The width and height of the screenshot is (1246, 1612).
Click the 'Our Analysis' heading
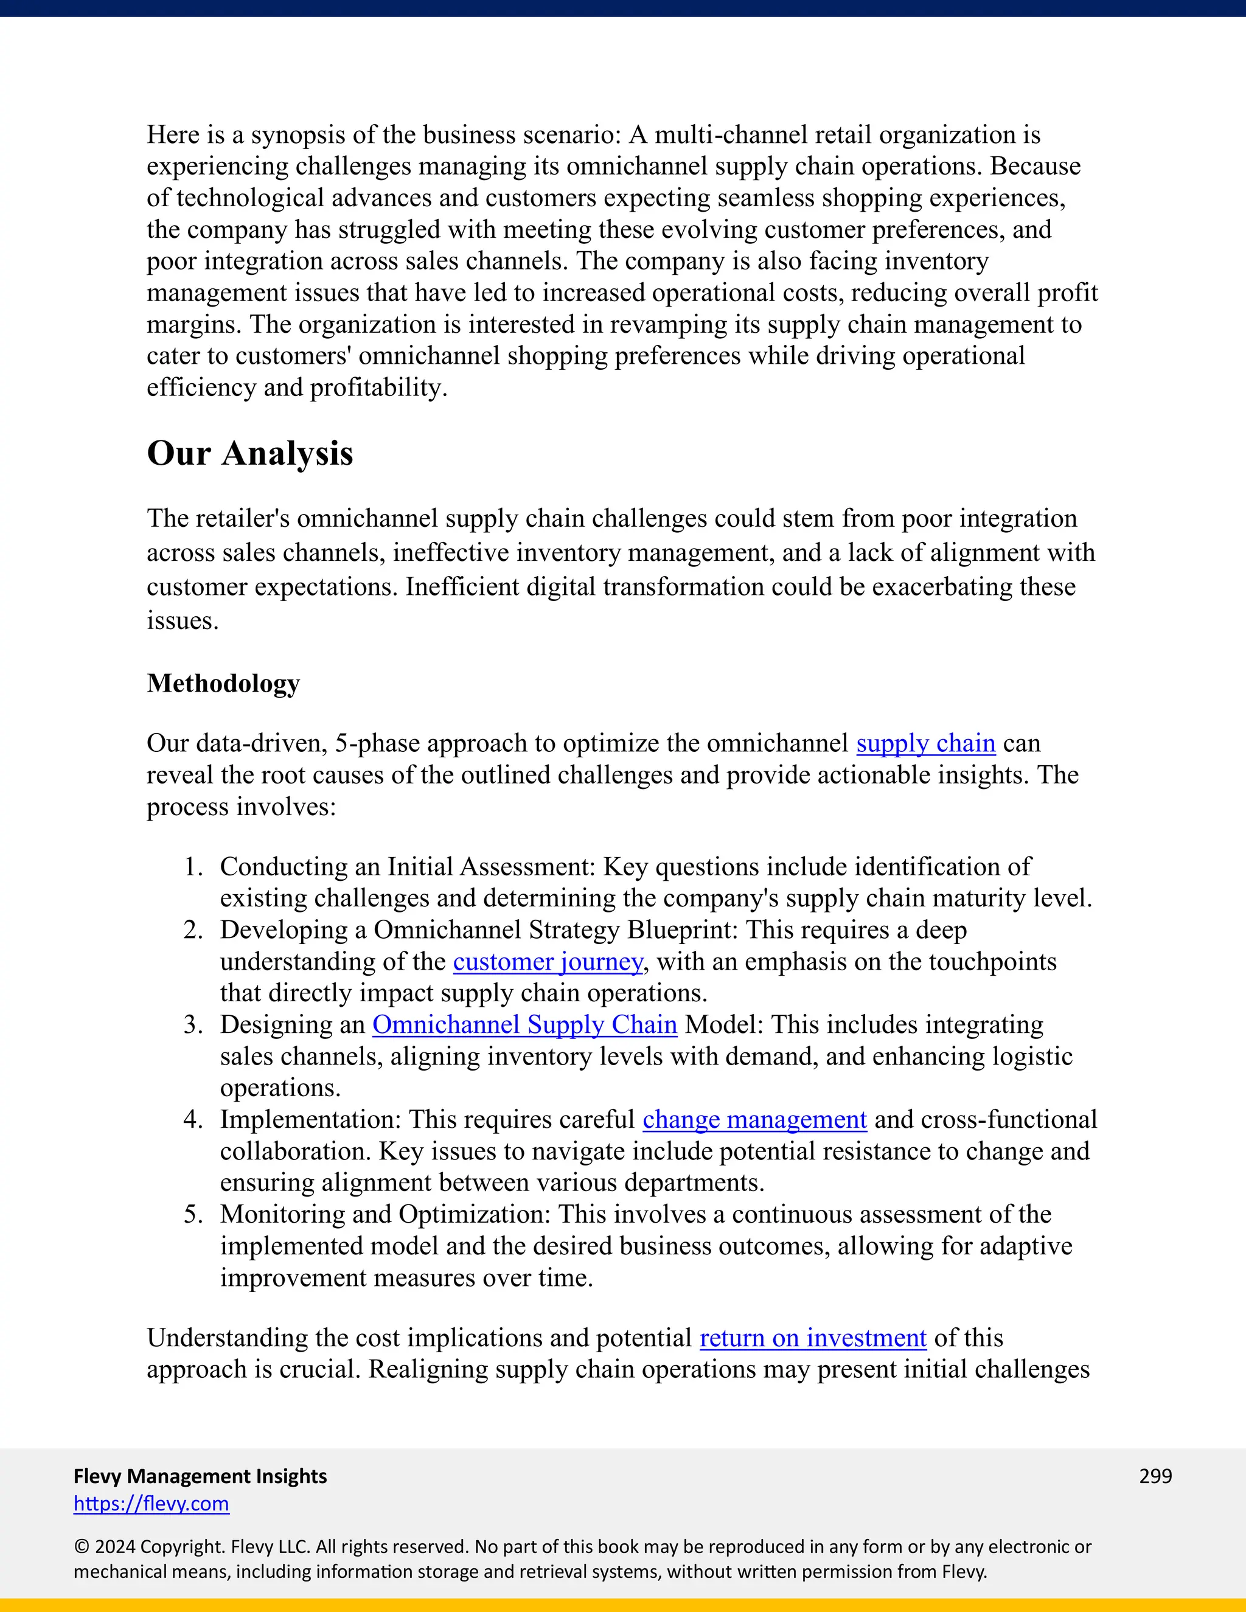coord(249,453)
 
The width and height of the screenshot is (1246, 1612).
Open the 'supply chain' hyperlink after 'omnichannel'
coord(925,743)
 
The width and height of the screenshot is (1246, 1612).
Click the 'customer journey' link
coord(548,962)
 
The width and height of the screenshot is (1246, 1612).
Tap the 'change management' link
coord(754,1120)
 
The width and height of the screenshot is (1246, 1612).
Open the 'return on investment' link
coord(813,1338)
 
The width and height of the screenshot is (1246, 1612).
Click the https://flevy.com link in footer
coord(151,1504)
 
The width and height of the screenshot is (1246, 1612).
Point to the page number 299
coord(1155,1476)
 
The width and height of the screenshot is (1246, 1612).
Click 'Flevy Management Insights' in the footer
coord(200,1476)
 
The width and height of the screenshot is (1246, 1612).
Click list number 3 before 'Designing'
coord(193,1025)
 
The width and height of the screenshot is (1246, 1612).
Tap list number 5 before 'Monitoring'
coord(193,1215)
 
